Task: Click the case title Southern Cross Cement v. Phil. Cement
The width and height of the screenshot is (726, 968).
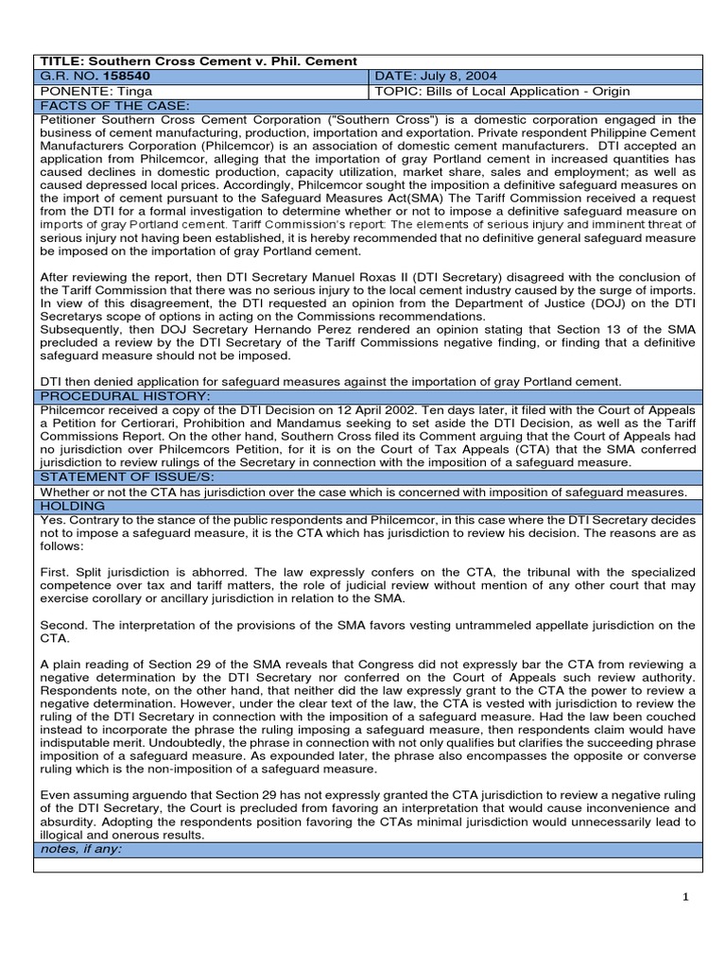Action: pyautogui.click(x=203, y=61)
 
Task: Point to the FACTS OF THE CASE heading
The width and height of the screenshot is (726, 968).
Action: pyautogui.click(x=101, y=105)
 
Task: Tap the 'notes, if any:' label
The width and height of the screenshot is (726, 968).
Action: pyautogui.click(x=82, y=848)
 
